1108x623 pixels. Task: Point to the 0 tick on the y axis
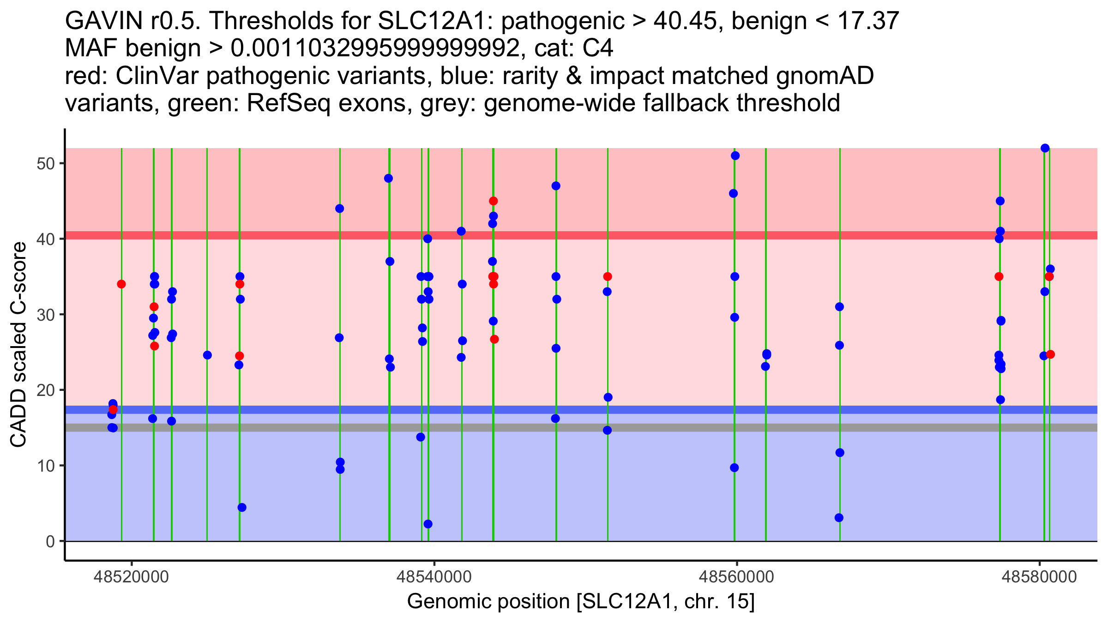point(50,541)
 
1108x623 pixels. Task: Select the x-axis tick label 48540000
point(434,577)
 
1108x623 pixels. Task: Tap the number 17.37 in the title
point(867,21)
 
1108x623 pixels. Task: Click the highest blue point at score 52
point(1045,148)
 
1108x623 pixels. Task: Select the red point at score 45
point(493,201)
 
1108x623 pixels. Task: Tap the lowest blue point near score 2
point(428,524)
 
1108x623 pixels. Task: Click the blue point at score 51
point(735,156)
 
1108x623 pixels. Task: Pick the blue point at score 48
point(388,179)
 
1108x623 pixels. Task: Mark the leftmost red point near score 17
point(113,409)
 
